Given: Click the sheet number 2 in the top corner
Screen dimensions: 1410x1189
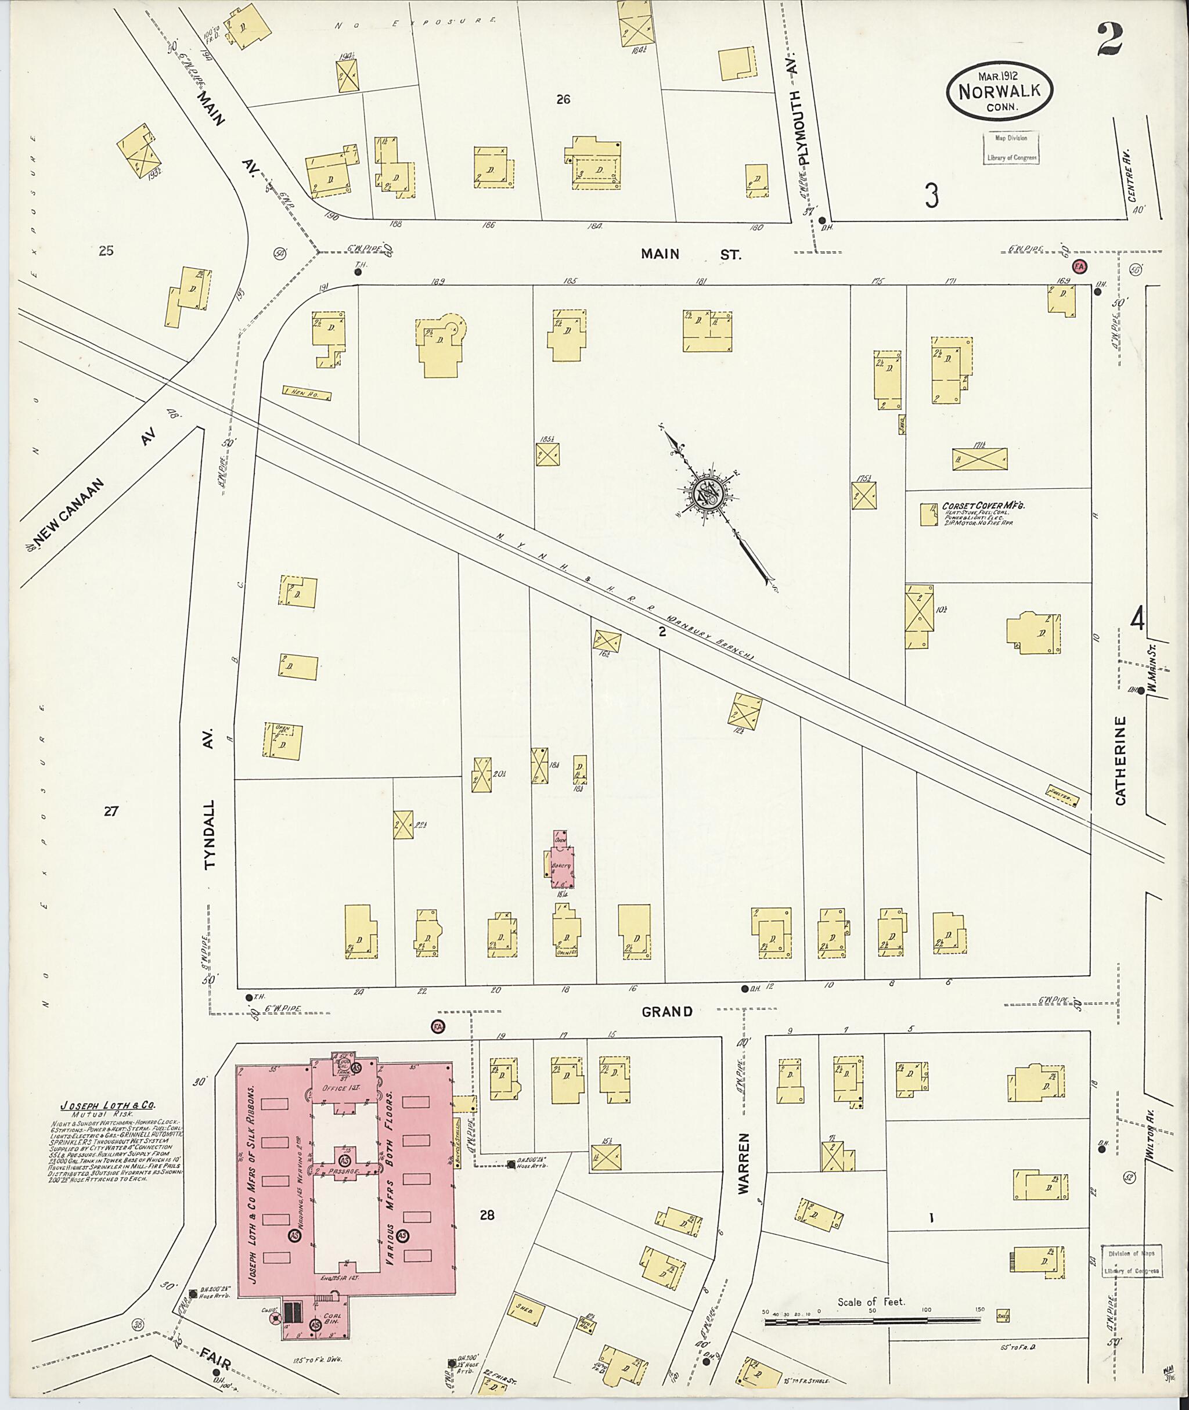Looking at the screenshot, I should coord(1109,39).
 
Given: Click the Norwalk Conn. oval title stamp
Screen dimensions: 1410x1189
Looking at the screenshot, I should coord(1000,92).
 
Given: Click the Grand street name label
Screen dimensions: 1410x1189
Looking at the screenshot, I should coord(666,1011).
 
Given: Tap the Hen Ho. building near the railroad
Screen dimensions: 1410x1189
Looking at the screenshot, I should coord(307,394).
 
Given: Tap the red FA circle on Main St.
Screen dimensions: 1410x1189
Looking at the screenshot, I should coord(1079,266).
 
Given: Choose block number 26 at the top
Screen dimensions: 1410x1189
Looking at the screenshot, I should coord(564,99).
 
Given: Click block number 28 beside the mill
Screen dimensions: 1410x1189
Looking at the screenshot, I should coord(487,1215).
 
